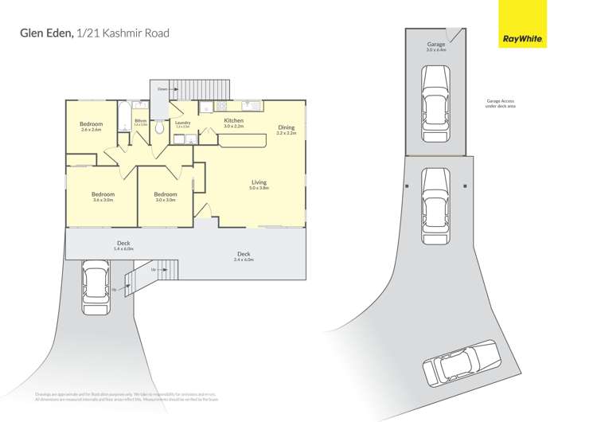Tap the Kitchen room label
[x=233, y=121]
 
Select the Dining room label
[x=286, y=127]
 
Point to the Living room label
[x=259, y=182]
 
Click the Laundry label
[x=182, y=123]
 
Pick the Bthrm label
[x=140, y=121]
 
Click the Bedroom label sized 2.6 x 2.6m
[x=91, y=124]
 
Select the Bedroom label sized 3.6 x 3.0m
[x=103, y=194]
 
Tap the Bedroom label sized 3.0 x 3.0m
[x=165, y=194]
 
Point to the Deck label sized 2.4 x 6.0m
[x=243, y=254]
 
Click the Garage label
[x=435, y=45]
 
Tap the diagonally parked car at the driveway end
[x=461, y=362]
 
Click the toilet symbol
[x=159, y=127]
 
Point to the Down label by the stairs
[x=162, y=88]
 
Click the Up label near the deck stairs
[x=114, y=289]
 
